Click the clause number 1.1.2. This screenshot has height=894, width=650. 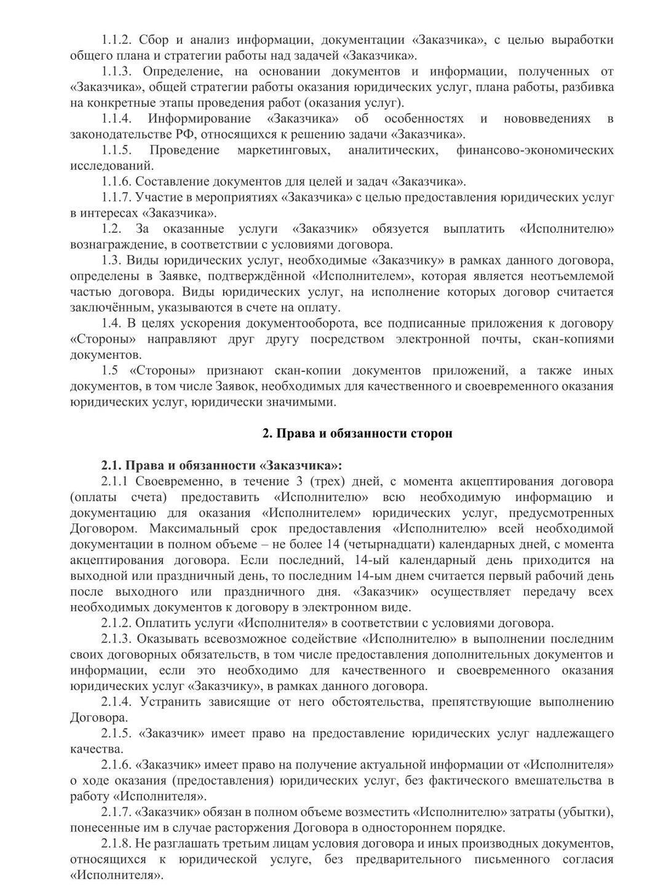[x=117, y=40]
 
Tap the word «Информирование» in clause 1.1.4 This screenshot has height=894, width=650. [x=199, y=118]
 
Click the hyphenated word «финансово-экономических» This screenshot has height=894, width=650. [x=534, y=150]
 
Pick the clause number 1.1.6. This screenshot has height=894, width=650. [x=117, y=181]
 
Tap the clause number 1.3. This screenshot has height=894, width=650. [x=112, y=260]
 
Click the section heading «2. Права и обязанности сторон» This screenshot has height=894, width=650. [x=357, y=433]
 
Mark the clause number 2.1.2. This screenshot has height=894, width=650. [x=117, y=623]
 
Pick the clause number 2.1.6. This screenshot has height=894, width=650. [x=117, y=765]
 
